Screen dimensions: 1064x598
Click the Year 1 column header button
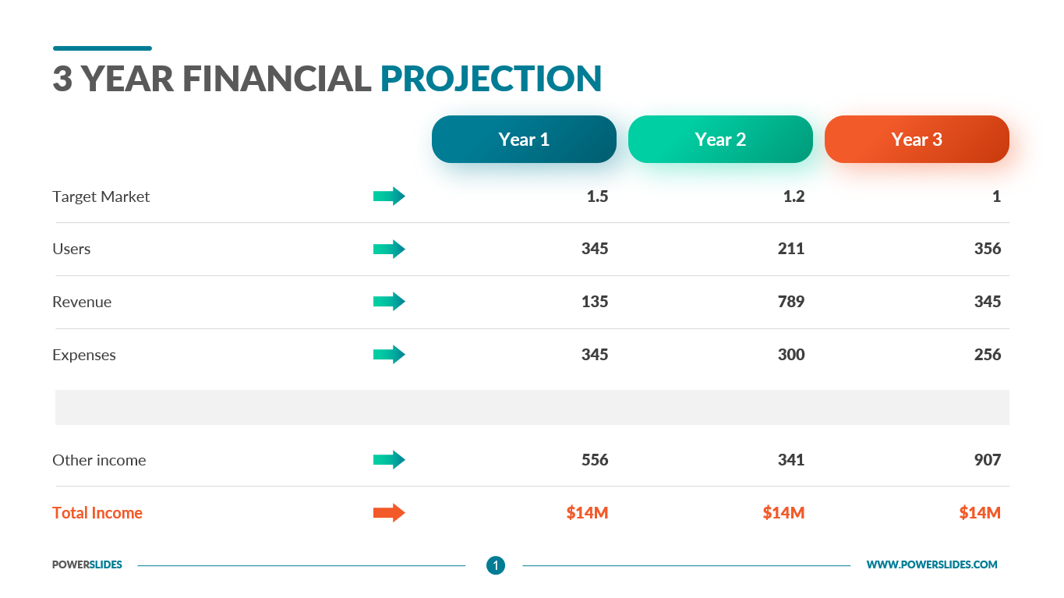click(524, 139)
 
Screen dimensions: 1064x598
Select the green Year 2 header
click(720, 139)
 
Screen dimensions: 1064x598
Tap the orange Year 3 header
click(917, 139)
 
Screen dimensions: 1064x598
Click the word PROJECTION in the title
click(491, 79)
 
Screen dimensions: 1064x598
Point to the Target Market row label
click(101, 196)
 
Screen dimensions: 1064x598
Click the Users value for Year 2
click(791, 249)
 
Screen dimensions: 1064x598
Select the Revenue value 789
click(791, 302)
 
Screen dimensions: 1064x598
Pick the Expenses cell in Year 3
click(988, 354)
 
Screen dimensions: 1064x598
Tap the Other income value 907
click(988, 460)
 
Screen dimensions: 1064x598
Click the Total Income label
click(97, 513)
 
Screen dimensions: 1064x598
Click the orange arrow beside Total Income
click(389, 512)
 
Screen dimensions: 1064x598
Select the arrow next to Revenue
click(389, 301)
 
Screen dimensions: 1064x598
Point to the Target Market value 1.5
click(598, 196)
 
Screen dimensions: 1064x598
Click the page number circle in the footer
click(496, 565)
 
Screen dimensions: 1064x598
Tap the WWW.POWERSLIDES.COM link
click(932, 564)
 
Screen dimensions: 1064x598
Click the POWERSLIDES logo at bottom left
click(87, 564)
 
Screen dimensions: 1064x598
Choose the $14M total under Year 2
click(783, 513)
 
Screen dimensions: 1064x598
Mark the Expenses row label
click(84, 356)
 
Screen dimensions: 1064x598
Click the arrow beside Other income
click(389, 459)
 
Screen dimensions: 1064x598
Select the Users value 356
click(988, 249)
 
